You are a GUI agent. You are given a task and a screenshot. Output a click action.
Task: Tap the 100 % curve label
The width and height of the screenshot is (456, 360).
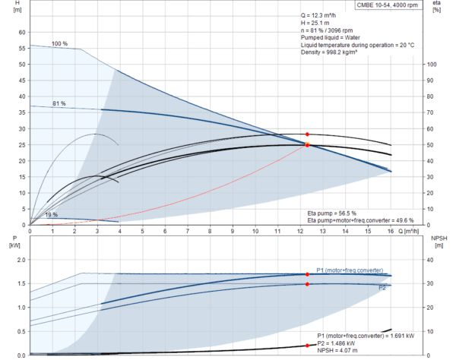[59, 43]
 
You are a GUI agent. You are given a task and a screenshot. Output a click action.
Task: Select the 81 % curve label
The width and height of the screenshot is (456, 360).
[59, 103]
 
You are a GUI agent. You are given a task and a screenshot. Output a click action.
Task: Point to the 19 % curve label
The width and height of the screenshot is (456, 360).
[51, 215]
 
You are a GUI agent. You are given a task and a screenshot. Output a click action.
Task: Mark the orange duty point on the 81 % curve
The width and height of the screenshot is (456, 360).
[308, 144]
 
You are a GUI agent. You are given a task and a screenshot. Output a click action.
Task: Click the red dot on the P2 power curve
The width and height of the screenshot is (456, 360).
[308, 284]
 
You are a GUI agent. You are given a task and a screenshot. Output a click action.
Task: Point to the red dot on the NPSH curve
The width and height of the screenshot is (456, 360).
[308, 346]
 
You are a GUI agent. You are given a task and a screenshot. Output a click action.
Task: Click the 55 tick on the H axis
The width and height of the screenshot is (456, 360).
[22, 49]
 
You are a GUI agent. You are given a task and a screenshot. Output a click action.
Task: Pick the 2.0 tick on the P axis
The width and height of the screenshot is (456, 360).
[21, 260]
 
